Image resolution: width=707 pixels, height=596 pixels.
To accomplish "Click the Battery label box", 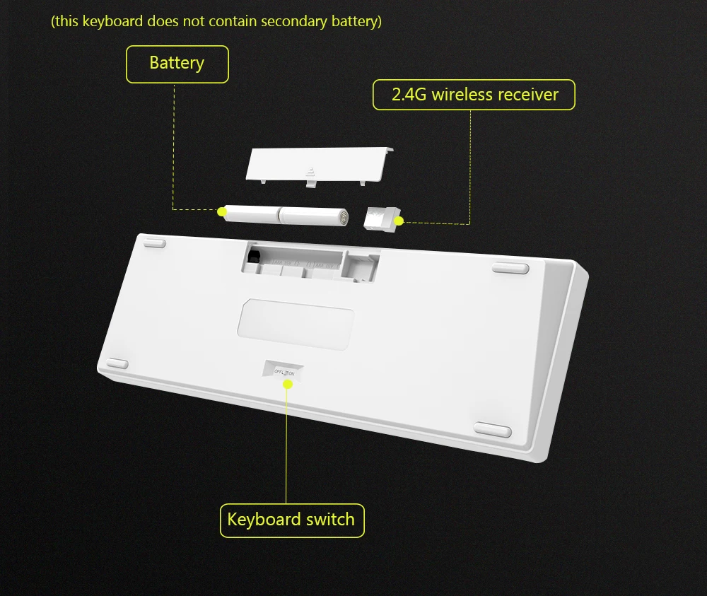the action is coord(177,64).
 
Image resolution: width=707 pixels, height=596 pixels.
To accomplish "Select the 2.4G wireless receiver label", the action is coord(474,95).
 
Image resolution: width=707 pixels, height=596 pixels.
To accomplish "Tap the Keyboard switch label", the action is coord(292,520).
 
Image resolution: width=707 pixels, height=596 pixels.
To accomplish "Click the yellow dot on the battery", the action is coord(222,211).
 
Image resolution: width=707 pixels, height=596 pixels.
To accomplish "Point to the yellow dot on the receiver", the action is coord(399,221).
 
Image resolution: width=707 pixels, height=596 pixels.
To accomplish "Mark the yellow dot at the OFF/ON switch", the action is coord(288,384).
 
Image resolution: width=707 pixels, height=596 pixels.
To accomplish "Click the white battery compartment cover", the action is coord(320,166).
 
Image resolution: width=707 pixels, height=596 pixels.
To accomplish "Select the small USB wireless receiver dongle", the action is coord(382,220).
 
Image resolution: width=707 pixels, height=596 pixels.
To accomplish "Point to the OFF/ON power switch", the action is coord(284,370).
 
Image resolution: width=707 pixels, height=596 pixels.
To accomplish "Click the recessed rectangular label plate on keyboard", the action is coord(296,324).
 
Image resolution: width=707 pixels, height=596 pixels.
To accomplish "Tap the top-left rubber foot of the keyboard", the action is coord(155,243).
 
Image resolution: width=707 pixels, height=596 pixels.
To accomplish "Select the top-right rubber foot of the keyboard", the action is coord(510,268).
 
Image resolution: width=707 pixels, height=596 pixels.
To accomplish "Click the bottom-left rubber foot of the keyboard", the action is coord(117,363).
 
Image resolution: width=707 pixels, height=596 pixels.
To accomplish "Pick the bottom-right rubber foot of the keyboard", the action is coord(492,430).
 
